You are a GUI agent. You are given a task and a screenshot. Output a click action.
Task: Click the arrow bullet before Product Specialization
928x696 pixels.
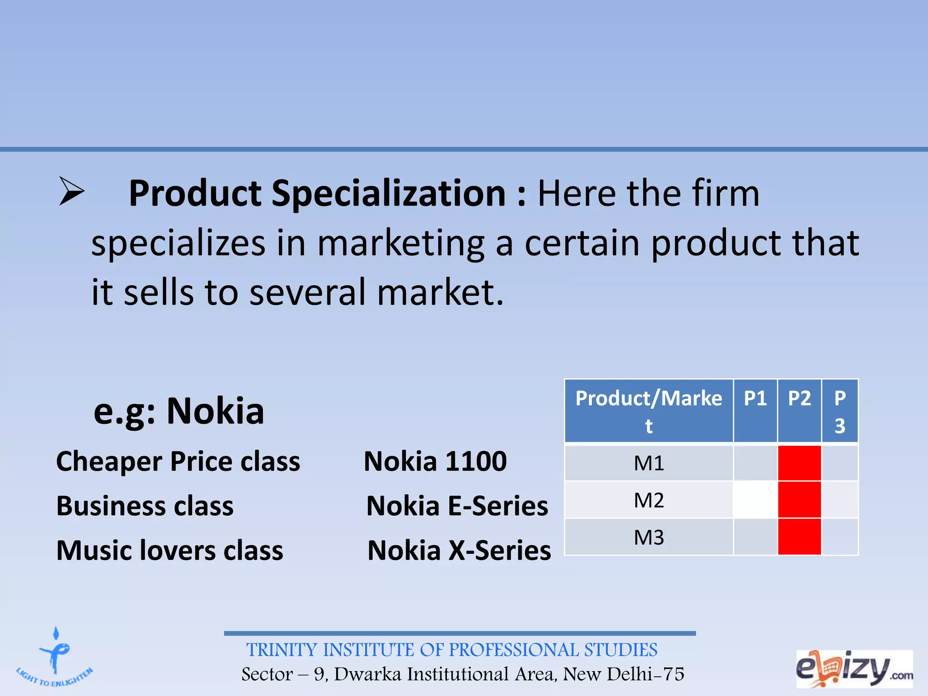pyautogui.click(x=72, y=192)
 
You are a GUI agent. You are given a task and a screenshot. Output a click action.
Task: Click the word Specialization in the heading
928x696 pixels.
pyautogui.click(x=388, y=194)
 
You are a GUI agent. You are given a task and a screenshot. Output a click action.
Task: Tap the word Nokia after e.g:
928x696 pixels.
pyautogui.click(x=215, y=411)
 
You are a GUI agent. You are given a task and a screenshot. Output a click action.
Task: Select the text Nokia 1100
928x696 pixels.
pyautogui.click(x=435, y=461)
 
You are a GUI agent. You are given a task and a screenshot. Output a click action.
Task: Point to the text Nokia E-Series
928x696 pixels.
pyautogui.click(x=457, y=506)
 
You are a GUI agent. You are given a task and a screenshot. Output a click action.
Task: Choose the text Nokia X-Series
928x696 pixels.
pyautogui.click(x=459, y=551)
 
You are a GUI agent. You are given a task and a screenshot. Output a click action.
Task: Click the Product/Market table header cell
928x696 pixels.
pyautogui.click(x=648, y=411)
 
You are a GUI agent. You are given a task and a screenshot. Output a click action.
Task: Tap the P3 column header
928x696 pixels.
pyautogui.click(x=840, y=411)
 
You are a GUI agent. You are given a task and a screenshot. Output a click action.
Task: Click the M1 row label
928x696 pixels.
pyautogui.click(x=648, y=463)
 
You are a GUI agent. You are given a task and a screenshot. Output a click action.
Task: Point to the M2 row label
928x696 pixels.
pyautogui.click(x=648, y=500)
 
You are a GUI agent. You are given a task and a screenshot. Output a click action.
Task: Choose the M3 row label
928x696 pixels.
pyautogui.click(x=648, y=537)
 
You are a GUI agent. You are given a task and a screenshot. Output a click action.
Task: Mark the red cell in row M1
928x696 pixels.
pyautogui.click(x=799, y=463)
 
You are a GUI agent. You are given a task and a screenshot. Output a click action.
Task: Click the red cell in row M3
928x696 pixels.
pyautogui.click(x=799, y=537)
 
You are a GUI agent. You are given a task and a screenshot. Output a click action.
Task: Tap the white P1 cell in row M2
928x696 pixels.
pyautogui.click(x=755, y=500)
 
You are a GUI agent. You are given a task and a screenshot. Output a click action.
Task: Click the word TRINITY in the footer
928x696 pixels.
pyautogui.click(x=282, y=650)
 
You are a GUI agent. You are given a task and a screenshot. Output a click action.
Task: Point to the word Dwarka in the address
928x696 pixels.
pyautogui.click(x=368, y=674)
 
